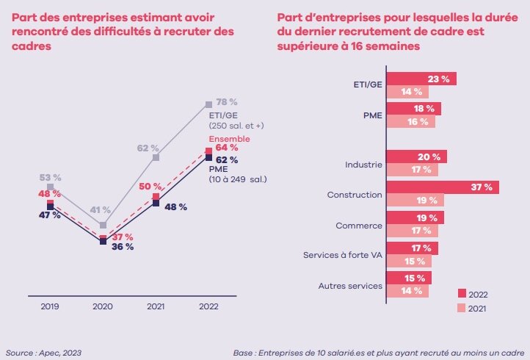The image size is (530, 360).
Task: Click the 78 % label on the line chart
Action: tap(228, 101)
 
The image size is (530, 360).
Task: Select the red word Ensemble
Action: tap(230, 139)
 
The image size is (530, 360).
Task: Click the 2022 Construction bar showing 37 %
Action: tap(442, 187)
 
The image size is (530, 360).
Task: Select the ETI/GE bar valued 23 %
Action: tap(421, 79)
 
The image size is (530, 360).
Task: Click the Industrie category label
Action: tap(363, 164)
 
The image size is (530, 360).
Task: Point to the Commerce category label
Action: tap(359, 225)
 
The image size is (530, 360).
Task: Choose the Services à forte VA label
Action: tap(343, 255)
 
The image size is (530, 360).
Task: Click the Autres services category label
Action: tap(350, 285)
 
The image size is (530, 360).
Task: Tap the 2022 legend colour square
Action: tap(462, 294)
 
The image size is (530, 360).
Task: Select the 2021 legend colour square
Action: tap(462, 308)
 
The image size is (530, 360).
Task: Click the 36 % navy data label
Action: tap(122, 247)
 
